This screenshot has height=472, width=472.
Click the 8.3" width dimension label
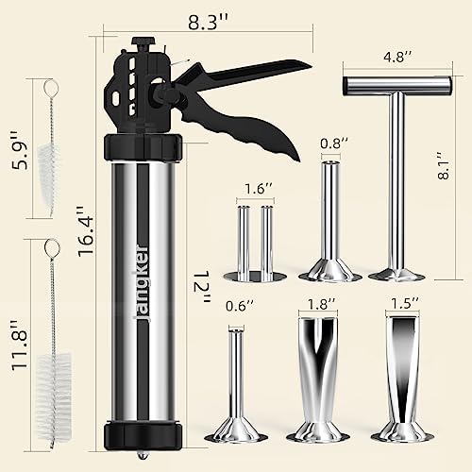(x=208, y=22)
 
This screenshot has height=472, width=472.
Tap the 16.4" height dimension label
(x=86, y=231)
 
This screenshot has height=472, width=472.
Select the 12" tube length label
(x=201, y=287)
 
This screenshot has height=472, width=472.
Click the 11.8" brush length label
(x=20, y=345)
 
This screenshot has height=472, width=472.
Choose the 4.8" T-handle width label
(x=397, y=58)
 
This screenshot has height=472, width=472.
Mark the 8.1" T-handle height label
(x=444, y=166)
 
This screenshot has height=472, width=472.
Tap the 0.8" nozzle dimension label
(x=334, y=143)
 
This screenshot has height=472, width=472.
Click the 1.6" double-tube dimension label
(x=258, y=189)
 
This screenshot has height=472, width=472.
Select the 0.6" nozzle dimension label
(x=240, y=306)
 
